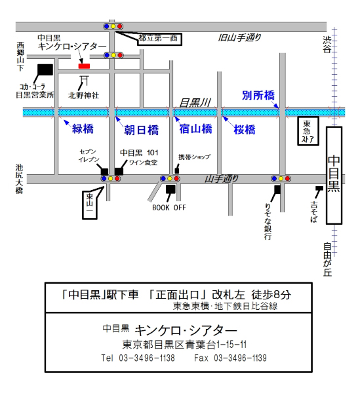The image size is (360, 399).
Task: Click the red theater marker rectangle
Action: click(x=84, y=66)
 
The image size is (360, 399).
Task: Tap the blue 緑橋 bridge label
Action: click(x=83, y=129)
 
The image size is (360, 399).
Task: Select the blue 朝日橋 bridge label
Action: click(x=141, y=130)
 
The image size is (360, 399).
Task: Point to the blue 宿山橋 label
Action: click(x=195, y=129)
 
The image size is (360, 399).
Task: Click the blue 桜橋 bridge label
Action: click(x=245, y=130)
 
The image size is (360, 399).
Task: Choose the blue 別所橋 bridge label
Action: click(x=258, y=96)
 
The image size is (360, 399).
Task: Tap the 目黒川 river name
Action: click(x=195, y=103)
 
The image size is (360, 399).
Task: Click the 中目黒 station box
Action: click(x=334, y=176)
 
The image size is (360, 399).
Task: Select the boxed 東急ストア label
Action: click(x=308, y=131)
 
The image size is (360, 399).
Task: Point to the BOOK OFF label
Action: click(x=169, y=208)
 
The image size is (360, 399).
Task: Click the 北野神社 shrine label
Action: click(x=83, y=96)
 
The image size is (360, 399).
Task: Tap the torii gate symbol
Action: click(x=84, y=81)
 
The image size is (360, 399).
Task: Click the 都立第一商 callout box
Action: click(x=159, y=39)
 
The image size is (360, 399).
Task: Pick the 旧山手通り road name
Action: click(x=239, y=37)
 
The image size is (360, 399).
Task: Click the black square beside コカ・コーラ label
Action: click(x=45, y=69)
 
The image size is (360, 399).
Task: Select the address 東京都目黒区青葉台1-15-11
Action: click(x=184, y=345)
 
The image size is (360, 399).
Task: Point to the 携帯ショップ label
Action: click(x=195, y=157)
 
